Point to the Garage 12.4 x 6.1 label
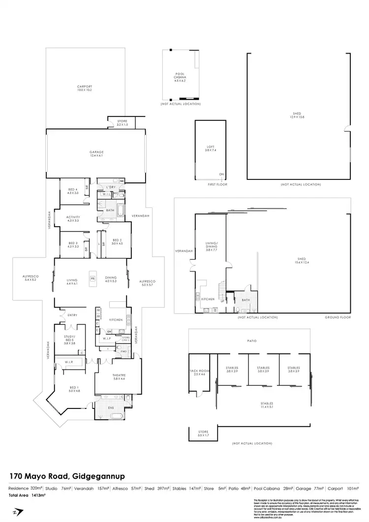pyautogui.click(x=96, y=153)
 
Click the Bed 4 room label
pyautogui.click(x=73, y=191)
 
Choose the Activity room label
pyautogui.click(x=73, y=218)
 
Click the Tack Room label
pyautogui.click(x=199, y=373)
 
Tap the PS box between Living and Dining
pyautogui.click(x=92, y=279)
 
